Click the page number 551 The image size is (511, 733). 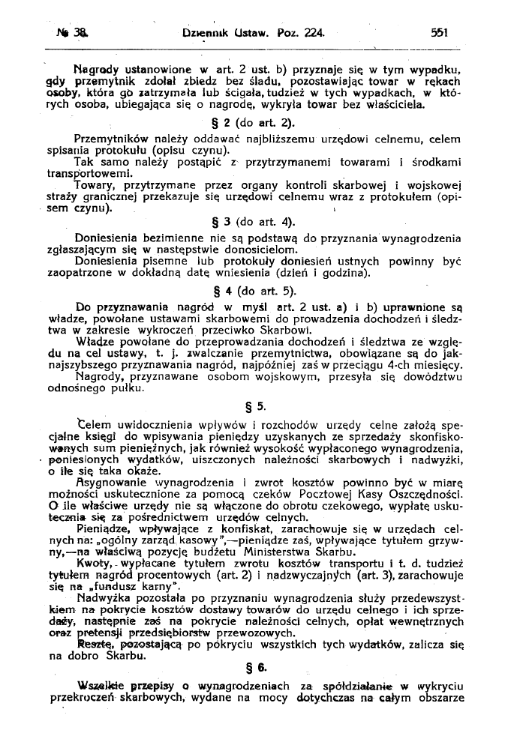439,33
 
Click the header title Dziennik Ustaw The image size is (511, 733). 217,33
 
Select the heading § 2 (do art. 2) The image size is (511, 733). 255,123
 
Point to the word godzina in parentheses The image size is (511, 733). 328,274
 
